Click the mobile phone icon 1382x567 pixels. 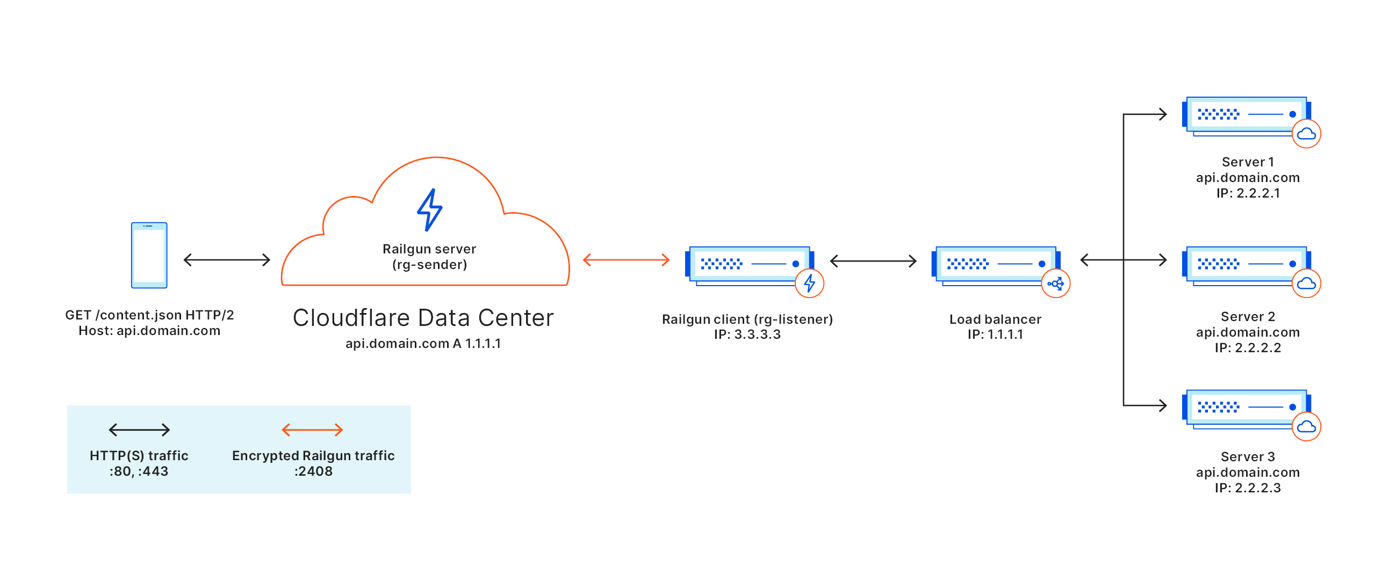tap(149, 256)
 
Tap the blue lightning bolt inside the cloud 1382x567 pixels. tap(430, 210)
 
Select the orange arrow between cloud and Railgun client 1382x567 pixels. tap(626, 260)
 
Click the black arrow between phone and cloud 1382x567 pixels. tap(227, 260)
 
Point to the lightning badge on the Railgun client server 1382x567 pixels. tap(809, 283)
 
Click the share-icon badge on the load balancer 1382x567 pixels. tap(1055, 283)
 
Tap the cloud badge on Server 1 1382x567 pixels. tap(1306, 134)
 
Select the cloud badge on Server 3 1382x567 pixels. tap(1306, 427)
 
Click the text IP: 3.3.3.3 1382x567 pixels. tap(747, 335)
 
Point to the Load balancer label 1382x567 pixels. tap(995, 319)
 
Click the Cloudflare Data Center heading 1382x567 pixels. tap(423, 318)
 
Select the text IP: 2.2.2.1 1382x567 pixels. tap(1248, 193)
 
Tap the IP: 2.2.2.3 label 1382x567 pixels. tap(1248, 488)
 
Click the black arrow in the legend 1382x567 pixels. tap(139, 430)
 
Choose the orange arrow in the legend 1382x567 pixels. tap(312, 430)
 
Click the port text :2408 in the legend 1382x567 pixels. tap(313, 471)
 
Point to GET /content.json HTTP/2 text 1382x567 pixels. tap(149, 315)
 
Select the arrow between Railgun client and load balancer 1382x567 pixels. tap(873, 261)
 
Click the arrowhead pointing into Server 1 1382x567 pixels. tap(1162, 114)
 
